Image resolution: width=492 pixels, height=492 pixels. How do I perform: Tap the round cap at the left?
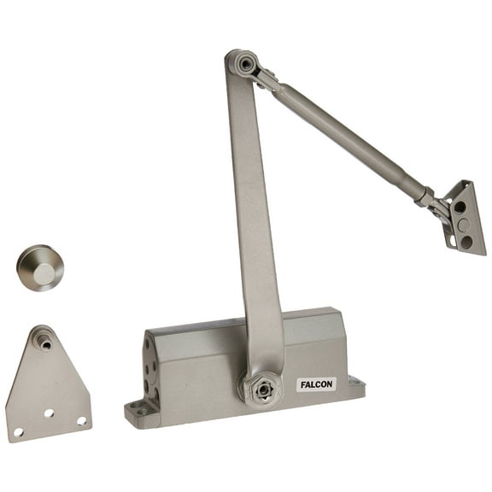(x=39, y=267)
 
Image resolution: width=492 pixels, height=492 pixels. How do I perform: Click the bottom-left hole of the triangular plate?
(x=18, y=432)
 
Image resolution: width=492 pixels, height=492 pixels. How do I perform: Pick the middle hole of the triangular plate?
(x=49, y=413)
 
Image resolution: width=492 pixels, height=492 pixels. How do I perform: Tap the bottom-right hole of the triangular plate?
(x=82, y=420)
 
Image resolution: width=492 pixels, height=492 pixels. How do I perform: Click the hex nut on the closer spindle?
(x=263, y=389)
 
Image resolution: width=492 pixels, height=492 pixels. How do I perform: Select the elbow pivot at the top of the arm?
(x=245, y=64)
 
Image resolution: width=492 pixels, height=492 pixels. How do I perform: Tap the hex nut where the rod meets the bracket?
(x=425, y=198)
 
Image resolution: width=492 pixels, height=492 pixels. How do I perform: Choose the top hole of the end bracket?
(x=460, y=207)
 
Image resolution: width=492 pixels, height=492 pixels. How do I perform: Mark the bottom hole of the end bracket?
(x=467, y=243)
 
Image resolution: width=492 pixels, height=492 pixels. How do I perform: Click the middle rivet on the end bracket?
(x=463, y=225)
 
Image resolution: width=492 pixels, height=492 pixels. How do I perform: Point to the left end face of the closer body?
(x=150, y=367)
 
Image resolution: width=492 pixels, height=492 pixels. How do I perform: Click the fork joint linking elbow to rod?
(x=266, y=79)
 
